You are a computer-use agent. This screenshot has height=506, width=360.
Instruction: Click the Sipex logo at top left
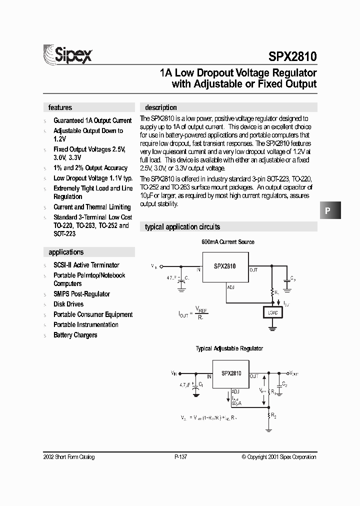[67, 53]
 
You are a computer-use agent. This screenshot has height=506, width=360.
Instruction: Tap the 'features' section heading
[60, 107]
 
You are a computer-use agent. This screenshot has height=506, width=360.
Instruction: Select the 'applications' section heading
[66, 252]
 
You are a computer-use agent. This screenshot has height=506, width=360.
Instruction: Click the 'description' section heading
[160, 107]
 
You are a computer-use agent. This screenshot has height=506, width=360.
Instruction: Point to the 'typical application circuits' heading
[182, 226]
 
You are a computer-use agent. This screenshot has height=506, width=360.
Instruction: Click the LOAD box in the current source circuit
[272, 313]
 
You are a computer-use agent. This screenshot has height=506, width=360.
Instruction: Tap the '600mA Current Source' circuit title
[228, 242]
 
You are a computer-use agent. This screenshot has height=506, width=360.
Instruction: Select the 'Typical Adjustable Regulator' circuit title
[229, 348]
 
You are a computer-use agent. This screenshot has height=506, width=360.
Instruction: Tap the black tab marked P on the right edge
[328, 210]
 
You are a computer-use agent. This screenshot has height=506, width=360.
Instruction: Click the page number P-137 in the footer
[181, 457]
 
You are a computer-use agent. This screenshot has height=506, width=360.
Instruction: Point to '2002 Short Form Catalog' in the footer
[69, 457]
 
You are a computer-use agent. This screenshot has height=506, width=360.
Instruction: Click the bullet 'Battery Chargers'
[75, 335]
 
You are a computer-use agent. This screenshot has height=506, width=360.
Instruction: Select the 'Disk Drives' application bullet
[68, 304]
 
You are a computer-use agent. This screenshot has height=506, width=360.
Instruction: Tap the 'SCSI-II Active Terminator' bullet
[86, 265]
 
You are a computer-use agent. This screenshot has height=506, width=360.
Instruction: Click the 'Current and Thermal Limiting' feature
[92, 207]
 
